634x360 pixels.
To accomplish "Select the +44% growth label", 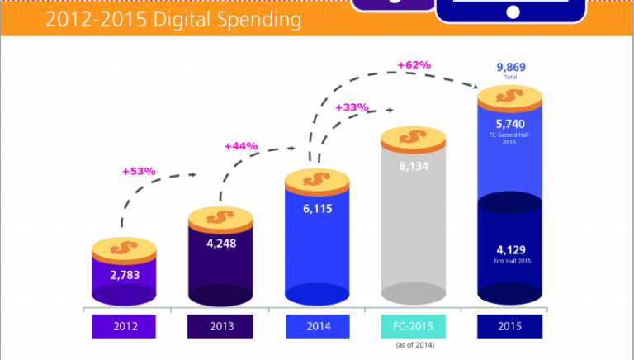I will [x=240, y=146].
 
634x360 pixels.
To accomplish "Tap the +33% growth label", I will [x=352, y=107].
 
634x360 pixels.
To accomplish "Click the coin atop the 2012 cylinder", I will [x=124, y=247].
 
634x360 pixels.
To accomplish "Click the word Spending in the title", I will [x=255, y=18].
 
